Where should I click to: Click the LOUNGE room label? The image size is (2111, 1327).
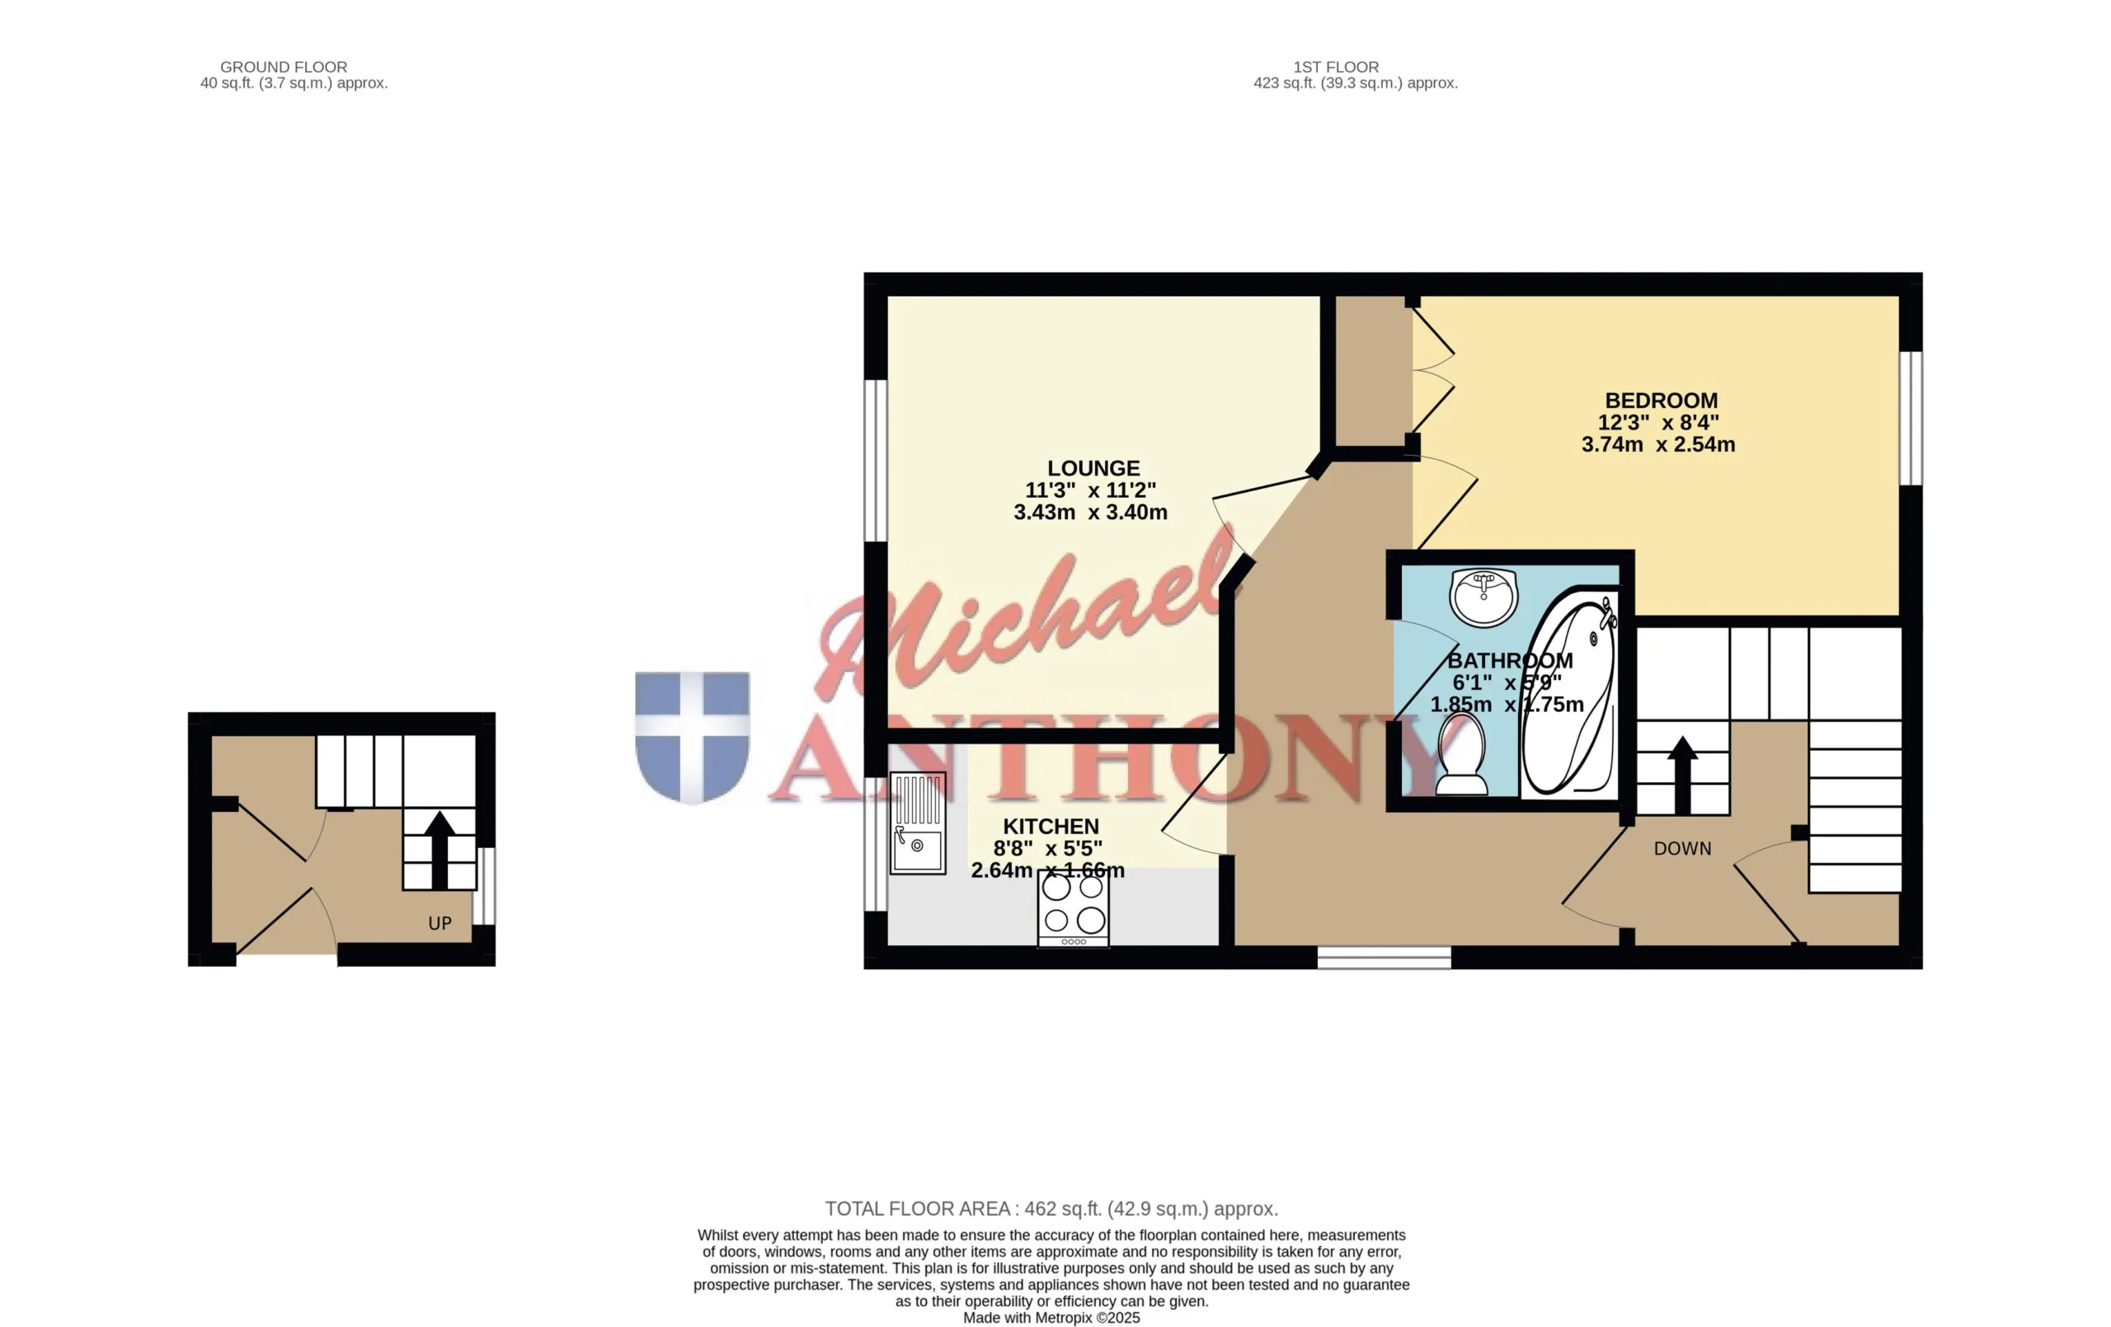[x=1093, y=468]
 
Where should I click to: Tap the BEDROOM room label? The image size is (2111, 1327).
[x=1662, y=401]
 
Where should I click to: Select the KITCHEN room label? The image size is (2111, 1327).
[x=1051, y=827]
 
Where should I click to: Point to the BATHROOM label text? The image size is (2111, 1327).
[x=1510, y=660]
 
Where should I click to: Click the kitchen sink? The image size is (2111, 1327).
[x=918, y=823]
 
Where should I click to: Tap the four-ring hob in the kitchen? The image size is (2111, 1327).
[x=1074, y=908]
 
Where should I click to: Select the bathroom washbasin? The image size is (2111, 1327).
[x=1483, y=597]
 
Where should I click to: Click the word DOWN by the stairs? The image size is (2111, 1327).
[x=1682, y=848]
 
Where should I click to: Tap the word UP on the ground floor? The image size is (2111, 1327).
[x=440, y=923]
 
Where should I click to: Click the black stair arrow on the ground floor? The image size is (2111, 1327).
[x=440, y=849]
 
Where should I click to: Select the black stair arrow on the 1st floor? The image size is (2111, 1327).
[x=1681, y=775]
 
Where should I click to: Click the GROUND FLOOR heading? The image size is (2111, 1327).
[x=283, y=67]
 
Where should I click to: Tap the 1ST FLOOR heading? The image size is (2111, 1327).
[x=1336, y=67]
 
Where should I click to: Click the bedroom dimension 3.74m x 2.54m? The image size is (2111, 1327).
[x=1657, y=444]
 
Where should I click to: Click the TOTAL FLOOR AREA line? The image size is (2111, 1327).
[x=1051, y=1208]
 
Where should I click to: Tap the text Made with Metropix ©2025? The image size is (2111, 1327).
[x=1051, y=1317]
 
